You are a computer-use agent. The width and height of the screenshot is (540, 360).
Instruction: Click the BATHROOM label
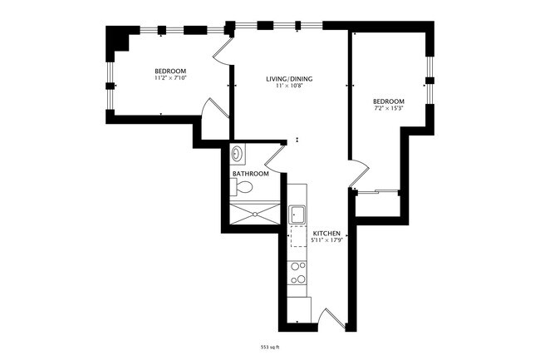[250, 174]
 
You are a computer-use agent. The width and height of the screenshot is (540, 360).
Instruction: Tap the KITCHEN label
[326, 234]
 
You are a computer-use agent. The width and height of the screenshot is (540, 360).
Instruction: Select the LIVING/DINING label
[289, 79]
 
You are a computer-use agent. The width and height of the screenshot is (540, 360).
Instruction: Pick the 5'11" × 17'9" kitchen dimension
[326, 241]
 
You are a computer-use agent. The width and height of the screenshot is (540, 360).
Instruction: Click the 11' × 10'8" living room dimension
[289, 86]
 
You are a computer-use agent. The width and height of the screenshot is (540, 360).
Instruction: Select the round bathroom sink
[238, 153]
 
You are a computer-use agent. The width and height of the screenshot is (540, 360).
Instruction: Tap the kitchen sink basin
[298, 215]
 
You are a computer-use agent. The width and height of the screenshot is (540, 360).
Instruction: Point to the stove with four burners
[298, 273]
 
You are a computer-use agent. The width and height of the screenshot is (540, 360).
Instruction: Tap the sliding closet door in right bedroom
[378, 192]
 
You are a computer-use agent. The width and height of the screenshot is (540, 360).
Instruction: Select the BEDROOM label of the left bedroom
[170, 71]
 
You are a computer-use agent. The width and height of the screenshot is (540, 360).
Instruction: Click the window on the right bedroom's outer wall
[429, 81]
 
